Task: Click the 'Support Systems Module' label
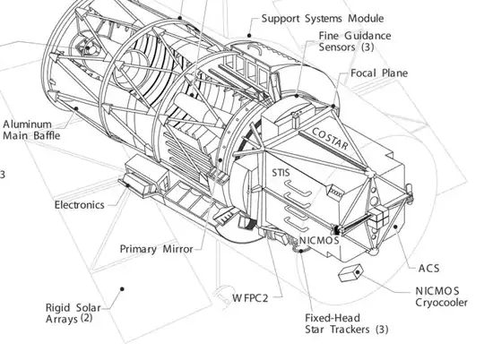[x=323, y=19]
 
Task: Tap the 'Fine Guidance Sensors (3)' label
[x=355, y=41]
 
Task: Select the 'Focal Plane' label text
[x=379, y=73]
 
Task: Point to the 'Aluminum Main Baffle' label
[x=31, y=130]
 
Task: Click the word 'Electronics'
[x=80, y=205]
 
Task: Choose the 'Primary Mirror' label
[x=156, y=249]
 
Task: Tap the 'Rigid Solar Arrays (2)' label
[x=73, y=313]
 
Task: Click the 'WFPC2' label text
[x=250, y=298]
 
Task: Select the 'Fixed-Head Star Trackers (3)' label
[x=347, y=323]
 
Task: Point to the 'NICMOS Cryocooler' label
[x=441, y=296]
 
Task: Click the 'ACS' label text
[x=428, y=269]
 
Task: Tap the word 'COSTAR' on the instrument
[x=330, y=139]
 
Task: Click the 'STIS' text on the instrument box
[x=281, y=173]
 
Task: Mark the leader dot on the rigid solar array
[x=122, y=289]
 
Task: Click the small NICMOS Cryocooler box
[x=350, y=273]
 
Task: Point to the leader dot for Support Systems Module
[x=249, y=36]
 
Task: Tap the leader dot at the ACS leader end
[x=395, y=227]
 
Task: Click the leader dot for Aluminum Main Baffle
[x=76, y=108]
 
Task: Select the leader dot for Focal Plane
[x=333, y=106]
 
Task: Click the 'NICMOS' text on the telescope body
[x=319, y=240]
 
